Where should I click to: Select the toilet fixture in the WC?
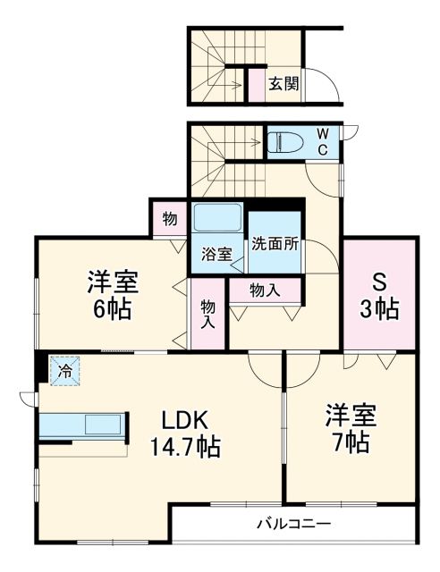288,143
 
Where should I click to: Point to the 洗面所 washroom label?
274,242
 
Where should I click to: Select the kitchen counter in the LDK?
82,425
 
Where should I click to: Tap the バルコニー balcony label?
293,524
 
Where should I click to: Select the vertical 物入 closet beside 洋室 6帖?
207,314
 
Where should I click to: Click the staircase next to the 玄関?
216,64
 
